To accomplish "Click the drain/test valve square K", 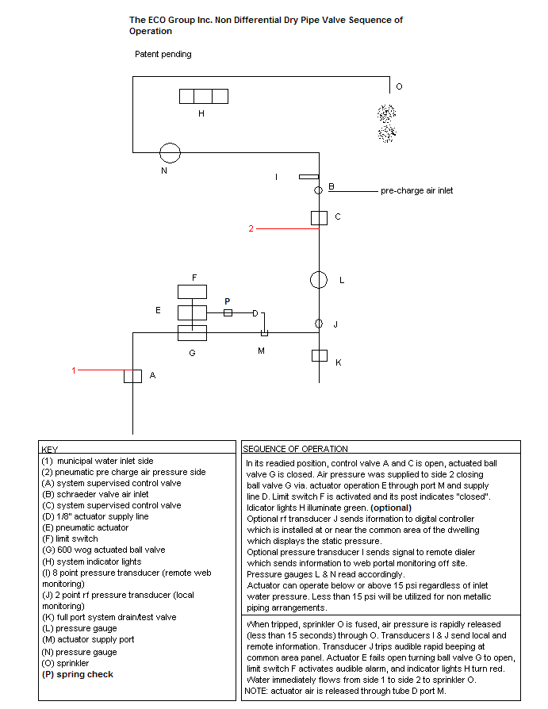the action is click(320, 356).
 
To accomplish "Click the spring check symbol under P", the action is click(228, 312).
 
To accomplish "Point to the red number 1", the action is click(74, 370).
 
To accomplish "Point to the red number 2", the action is click(251, 228).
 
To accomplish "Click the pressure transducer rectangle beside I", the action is click(308, 177).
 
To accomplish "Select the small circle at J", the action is click(319, 324).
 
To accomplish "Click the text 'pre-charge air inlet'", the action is click(416, 191).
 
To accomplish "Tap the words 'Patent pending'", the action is click(163, 54).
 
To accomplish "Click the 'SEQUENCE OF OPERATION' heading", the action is click(295, 449).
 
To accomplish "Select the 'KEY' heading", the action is click(50, 450).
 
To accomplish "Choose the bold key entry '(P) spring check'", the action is click(77, 674).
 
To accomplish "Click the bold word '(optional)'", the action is click(391, 508).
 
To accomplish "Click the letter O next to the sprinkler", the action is click(399, 86).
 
